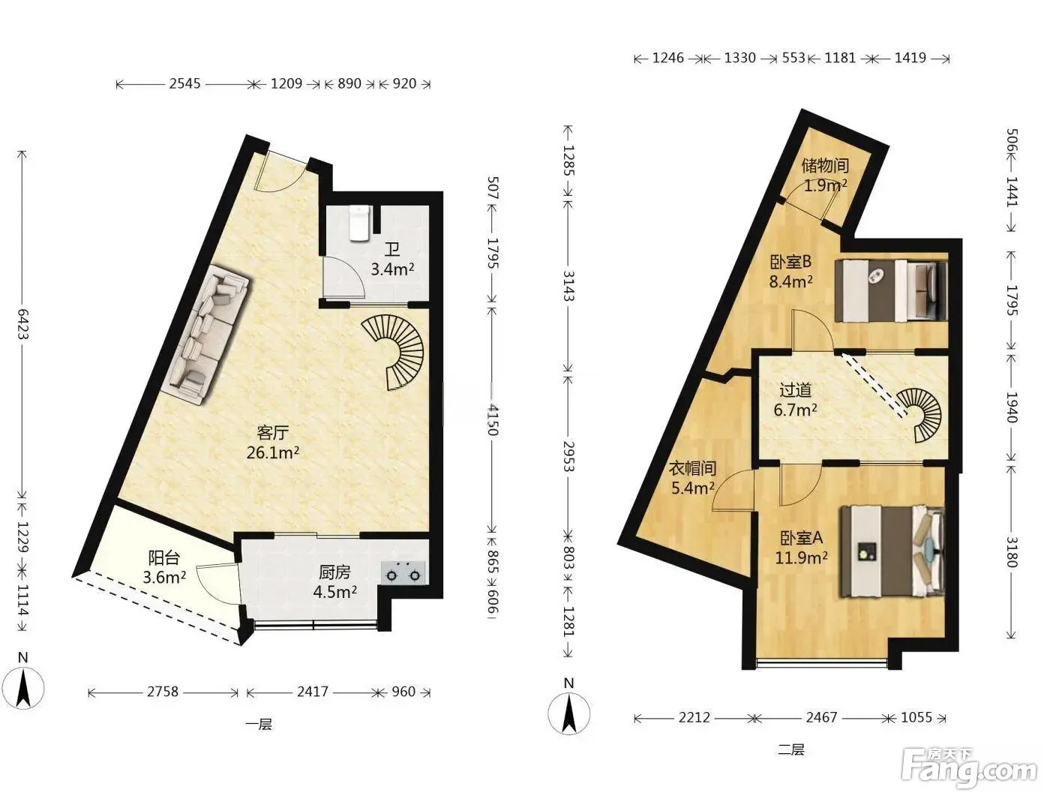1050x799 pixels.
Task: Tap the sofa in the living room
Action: (x=208, y=336)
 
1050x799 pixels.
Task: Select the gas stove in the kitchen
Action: (x=403, y=572)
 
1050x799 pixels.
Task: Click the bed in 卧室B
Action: (x=891, y=290)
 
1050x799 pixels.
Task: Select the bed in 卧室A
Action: (x=892, y=551)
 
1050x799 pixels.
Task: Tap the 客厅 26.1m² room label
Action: (x=273, y=443)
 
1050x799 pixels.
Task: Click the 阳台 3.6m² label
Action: (x=164, y=567)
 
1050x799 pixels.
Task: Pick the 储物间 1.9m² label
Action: (x=825, y=175)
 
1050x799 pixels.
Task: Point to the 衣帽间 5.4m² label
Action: (x=693, y=478)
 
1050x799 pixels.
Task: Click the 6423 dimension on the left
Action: (x=22, y=324)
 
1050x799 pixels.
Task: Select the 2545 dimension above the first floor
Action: (x=184, y=84)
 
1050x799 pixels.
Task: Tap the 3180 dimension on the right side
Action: (x=1011, y=552)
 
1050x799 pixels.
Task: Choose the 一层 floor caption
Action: (x=259, y=725)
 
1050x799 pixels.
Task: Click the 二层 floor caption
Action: (x=791, y=749)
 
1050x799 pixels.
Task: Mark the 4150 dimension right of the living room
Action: (x=492, y=419)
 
